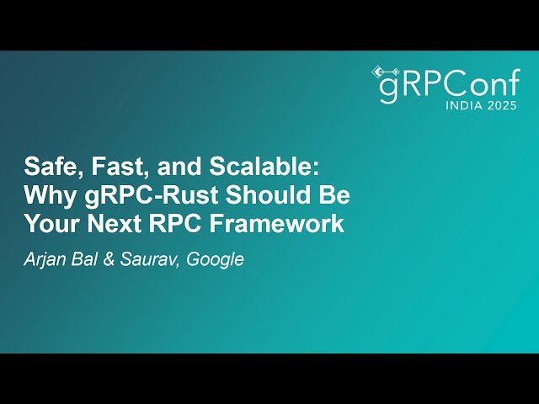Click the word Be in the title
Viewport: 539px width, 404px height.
coord(334,194)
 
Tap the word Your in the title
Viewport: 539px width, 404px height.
coord(49,224)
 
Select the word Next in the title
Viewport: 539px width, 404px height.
coord(113,224)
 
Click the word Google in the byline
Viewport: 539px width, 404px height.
coord(216,259)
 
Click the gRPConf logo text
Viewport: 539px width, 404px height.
coord(446,86)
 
